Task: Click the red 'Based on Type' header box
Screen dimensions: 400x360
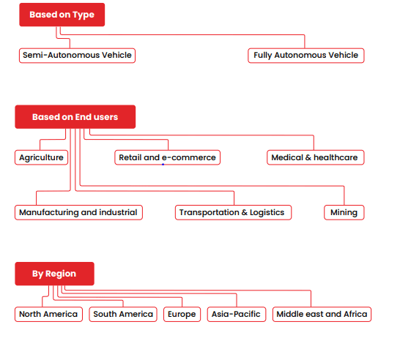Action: [62, 15]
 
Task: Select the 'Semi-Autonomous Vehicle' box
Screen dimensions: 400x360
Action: [77, 56]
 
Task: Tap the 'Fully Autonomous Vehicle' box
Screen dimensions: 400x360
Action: [306, 56]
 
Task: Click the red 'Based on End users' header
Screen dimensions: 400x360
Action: [75, 117]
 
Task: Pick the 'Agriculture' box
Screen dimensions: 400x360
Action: [41, 158]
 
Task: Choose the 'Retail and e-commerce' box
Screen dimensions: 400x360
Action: [167, 158]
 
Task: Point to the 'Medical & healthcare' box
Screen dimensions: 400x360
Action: [316, 158]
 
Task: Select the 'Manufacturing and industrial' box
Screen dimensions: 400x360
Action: [78, 212]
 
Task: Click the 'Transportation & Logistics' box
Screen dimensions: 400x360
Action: [233, 212]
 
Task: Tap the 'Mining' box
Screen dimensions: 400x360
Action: [344, 212]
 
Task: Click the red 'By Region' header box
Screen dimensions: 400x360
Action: [55, 274]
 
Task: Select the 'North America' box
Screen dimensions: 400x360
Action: [48, 315]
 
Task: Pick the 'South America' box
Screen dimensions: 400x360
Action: [123, 315]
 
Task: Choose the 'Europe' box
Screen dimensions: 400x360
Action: [182, 315]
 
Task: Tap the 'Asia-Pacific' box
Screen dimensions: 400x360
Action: [237, 315]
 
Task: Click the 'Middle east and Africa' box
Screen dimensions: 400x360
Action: [322, 315]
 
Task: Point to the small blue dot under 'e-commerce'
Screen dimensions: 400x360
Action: [163, 165]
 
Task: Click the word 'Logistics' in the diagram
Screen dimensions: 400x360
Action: [267, 212]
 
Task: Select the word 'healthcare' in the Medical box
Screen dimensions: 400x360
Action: [336, 157]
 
